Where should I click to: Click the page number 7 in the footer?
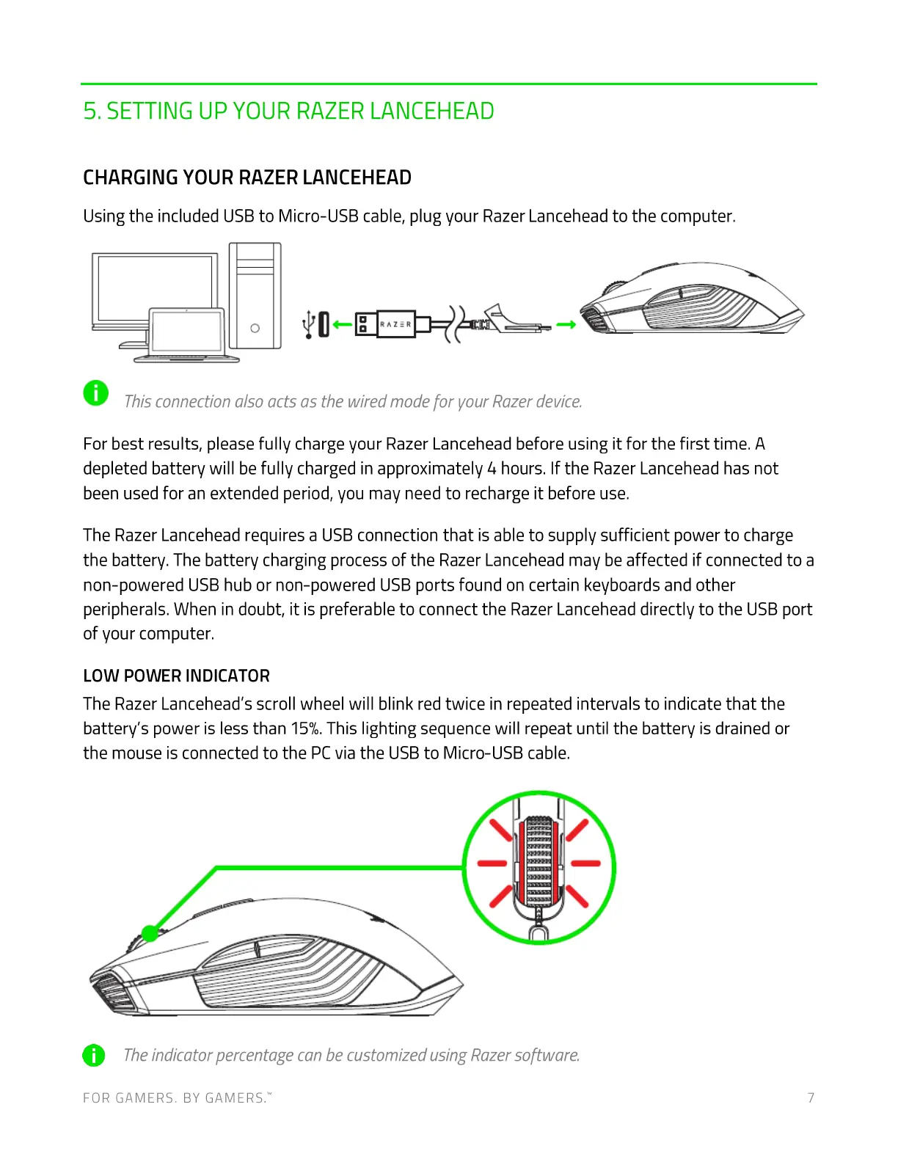point(811,1097)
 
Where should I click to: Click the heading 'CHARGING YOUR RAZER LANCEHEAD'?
point(247,178)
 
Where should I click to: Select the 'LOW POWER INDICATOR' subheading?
point(176,676)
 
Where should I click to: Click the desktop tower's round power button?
point(255,328)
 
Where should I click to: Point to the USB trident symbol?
point(309,323)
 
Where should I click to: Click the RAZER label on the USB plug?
point(395,324)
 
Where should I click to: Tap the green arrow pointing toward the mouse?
point(566,324)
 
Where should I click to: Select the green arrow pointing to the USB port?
point(342,324)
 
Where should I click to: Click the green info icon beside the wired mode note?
point(96,393)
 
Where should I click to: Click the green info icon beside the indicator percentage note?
point(94,1055)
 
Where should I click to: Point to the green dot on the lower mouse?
point(150,933)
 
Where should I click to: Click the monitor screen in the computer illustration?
point(154,286)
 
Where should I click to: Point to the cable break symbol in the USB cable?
point(456,324)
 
